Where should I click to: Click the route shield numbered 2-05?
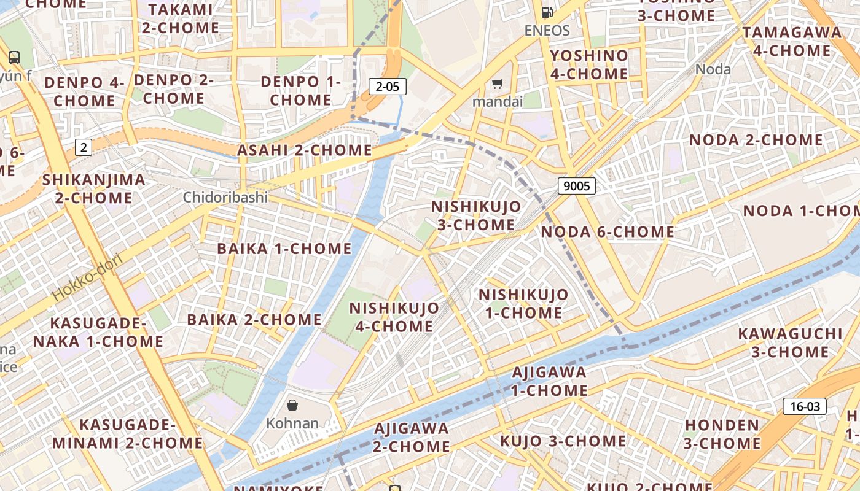(x=388, y=87)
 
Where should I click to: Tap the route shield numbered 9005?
(x=577, y=185)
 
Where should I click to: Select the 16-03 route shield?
(x=805, y=406)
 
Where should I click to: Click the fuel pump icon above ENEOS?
(x=547, y=12)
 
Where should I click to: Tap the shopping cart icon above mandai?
(x=497, y=83)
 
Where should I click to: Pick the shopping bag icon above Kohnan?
(x=292, y=405)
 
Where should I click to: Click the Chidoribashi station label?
(x=225, y=198)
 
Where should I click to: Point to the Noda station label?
(x=713, y=69)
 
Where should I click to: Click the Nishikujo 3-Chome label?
(x=476, y=215)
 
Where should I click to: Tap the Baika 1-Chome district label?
(x=284, y=249)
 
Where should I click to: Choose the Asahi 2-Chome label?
(x=305, y=150)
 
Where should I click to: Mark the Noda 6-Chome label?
(x=608, y=232)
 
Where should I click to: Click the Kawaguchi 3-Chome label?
(x=790, y=342)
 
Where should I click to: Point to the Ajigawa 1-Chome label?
(x=549, y=381)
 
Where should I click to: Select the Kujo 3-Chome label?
(x=563, y=441)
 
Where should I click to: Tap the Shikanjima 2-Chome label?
(x=94, y=189)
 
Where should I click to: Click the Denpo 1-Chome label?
(x=300, y=90)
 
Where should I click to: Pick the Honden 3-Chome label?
(x=722, y=434)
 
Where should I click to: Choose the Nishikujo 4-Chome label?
(x=394, y=317)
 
